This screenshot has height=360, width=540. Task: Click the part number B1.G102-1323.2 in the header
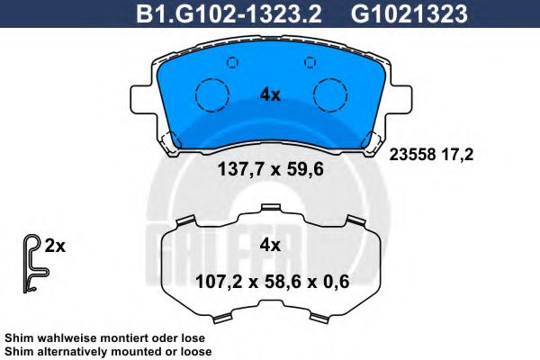(x=229, y=14)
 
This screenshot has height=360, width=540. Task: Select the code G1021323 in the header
(x=409, y=14)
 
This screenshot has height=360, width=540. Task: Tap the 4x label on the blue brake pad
(x=270, y=94)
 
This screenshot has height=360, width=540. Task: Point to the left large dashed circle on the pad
(x=212, y=95)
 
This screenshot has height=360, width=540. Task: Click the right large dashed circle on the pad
(x=330, y=95)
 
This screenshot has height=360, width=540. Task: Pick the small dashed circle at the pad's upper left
(x=233, y=62)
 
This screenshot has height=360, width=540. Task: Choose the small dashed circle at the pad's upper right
(x=310, y=62)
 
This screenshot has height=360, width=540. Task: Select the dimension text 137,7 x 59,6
(x=271, y=169)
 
